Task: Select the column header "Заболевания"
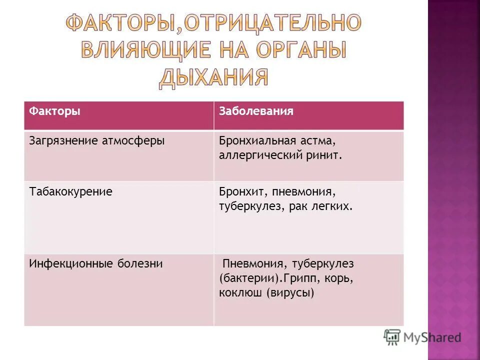256,111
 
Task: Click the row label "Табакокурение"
70,192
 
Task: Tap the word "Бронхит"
238,192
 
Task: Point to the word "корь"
341,278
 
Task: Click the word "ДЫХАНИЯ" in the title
213,77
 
